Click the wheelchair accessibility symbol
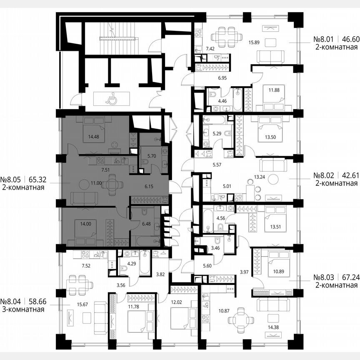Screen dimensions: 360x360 (111, 99)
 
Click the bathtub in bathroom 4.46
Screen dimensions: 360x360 (237, 99)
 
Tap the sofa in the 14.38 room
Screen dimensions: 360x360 (272, 305)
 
